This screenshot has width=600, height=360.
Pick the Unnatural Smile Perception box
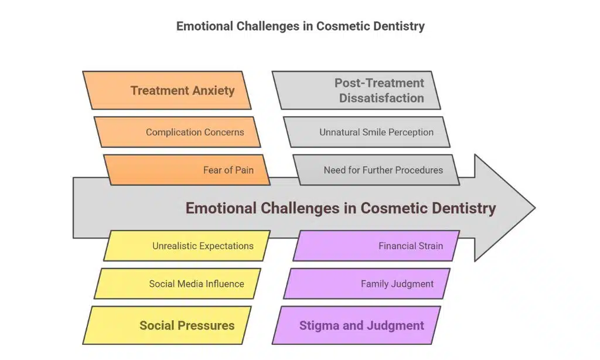367,132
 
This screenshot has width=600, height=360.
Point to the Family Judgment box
367,284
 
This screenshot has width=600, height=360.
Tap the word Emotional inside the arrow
221,208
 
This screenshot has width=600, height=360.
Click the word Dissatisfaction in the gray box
381,98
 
